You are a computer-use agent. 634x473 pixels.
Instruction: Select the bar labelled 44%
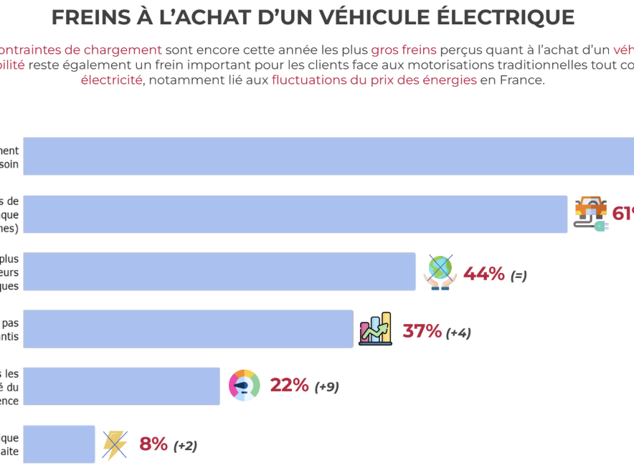click(219, 272)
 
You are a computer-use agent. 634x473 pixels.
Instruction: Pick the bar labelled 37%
click(188, 329)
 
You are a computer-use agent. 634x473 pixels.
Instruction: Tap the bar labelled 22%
click(121, 386)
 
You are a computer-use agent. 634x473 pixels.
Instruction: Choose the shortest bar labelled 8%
click(59, 444)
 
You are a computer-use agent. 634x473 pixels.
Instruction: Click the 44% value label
click(484, 274)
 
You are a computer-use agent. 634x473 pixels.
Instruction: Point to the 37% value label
click(422, 331)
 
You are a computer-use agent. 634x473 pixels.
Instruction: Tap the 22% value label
click(289, 386)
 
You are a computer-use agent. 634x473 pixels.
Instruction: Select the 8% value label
click(153, 444)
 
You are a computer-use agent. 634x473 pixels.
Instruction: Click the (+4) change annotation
click(458, 333)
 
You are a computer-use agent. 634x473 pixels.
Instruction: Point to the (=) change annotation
click(519, 275)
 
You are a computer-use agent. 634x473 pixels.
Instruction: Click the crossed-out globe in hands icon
click(440, 272)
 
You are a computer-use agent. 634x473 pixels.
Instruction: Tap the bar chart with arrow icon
click(375, 330)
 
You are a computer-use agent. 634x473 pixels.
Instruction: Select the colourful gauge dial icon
click(244, 386)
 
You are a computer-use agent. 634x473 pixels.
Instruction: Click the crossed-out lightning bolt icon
click(115, 444)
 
